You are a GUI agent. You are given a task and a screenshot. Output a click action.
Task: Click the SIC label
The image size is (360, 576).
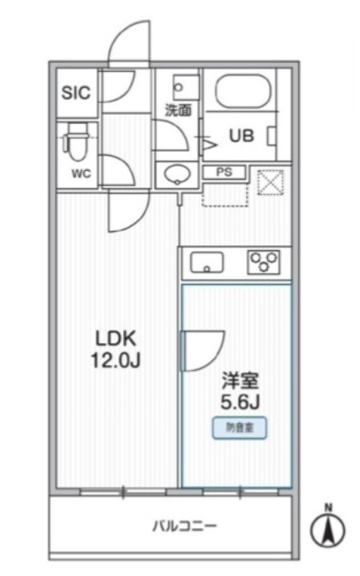(x=76, y=92)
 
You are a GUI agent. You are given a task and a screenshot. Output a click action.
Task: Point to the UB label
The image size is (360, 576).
(x=241, y=134)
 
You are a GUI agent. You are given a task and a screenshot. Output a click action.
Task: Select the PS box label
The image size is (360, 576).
(x=224, y=172)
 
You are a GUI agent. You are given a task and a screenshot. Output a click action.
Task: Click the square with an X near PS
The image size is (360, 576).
(x=270, y=181)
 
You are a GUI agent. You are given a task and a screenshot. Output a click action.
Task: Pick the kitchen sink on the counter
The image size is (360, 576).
(x=208, y=264)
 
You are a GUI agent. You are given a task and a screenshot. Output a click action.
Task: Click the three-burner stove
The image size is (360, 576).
(x=265, y=263)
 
